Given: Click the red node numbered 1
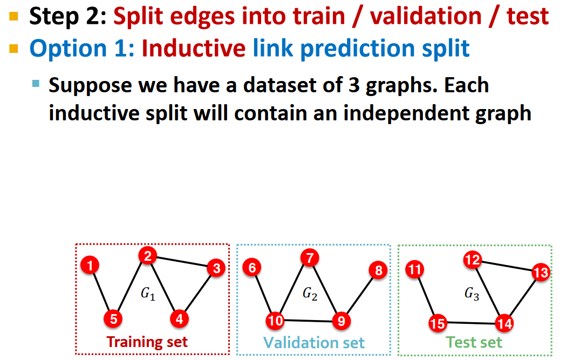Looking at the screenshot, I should pos(90,265).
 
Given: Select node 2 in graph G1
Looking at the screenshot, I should pos(147,256).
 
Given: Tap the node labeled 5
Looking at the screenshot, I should pos(113,319).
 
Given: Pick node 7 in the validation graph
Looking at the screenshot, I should pos(309,258).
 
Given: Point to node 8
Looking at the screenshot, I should pos(378,270).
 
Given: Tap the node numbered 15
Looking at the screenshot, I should pos(438,323).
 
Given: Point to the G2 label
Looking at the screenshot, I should pos(310,294).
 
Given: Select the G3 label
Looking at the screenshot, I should pos(472,294).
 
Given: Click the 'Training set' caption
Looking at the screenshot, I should pos(147,342).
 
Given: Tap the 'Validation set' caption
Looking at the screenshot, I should pos(314,342).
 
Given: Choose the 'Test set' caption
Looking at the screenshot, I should pos(474,342).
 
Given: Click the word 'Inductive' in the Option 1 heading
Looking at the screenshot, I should pos(194,49).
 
